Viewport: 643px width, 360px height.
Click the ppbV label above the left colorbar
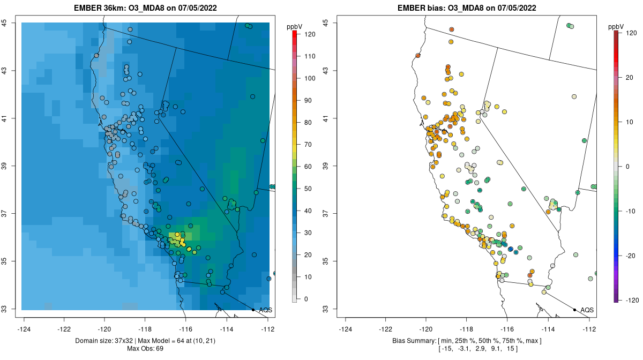[295, 26]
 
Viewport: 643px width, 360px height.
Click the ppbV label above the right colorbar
[617, 26]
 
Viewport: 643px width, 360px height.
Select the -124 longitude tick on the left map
[24, 329]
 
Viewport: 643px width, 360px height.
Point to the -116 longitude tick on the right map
[507, 329]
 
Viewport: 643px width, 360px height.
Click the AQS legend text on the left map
[265, 310]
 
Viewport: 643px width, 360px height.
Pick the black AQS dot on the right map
[574, 310]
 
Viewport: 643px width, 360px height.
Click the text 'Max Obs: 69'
[146, 348]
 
